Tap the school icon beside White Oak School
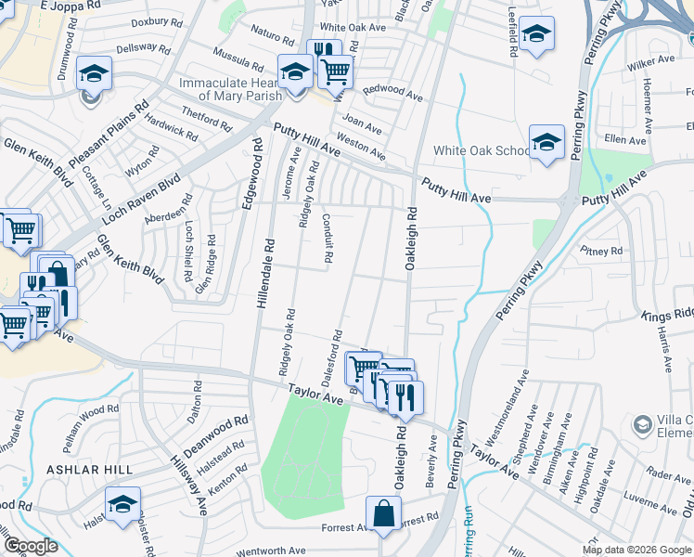coord(546,142)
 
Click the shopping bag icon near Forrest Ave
coord(383,513)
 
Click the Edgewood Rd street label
coord(251,174)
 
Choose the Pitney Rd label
coord(600,251)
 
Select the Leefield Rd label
coord(512,34)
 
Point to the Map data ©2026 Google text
coord(637,550)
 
